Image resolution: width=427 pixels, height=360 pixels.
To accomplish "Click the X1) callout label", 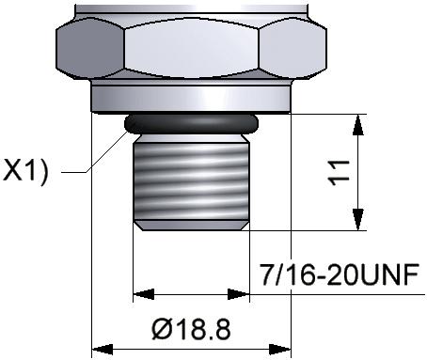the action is click(x=25, y=171).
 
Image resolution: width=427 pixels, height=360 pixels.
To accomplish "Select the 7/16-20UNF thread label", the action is click(x=340, y=274).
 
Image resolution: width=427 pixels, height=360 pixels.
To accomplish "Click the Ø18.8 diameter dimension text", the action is click(x=191, y=329).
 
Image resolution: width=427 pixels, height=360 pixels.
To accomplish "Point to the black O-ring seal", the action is click(x=191, y=124).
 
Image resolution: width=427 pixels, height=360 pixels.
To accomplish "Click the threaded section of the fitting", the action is click(x=191, y=181).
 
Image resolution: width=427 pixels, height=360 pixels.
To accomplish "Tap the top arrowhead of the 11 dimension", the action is click(x=358, y=125).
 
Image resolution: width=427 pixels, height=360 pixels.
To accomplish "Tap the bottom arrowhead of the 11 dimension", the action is click(x=358, y=220).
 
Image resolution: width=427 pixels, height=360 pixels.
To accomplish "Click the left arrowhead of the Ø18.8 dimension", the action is click(x=103, y=350).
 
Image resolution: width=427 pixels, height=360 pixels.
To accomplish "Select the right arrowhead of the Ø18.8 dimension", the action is click(x=280, y=350).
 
